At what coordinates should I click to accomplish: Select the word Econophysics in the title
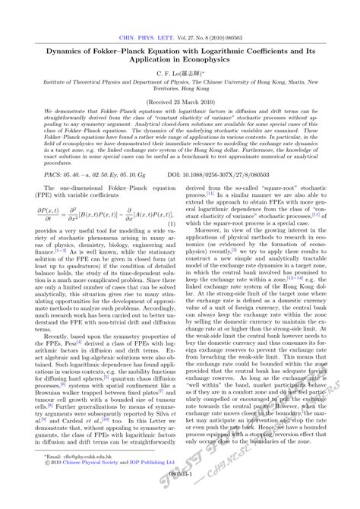tap(216, 64)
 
